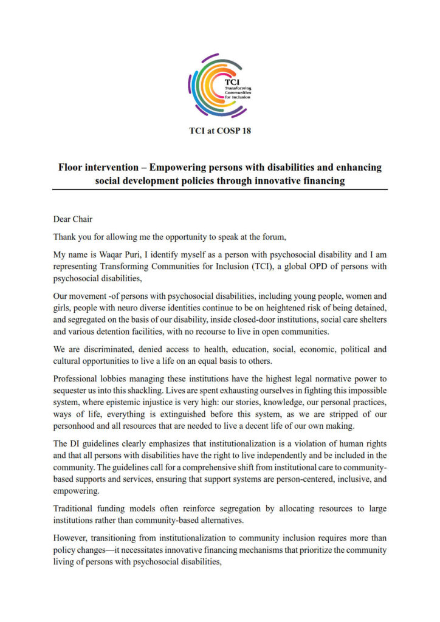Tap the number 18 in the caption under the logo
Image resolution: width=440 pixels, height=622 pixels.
244,131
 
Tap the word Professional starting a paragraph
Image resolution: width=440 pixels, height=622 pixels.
77,377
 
